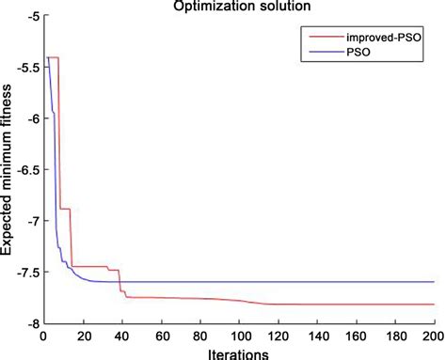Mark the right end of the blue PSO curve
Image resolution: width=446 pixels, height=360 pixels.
click(434, 282)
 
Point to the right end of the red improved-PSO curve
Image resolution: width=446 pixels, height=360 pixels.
click(434, 305)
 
